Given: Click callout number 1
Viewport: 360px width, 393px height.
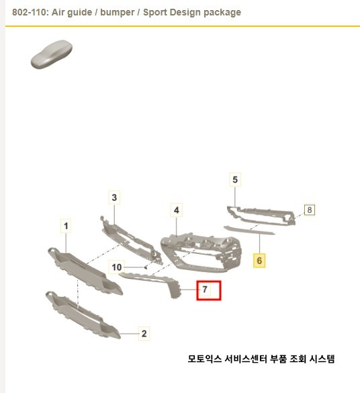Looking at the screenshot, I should click(x=66, y=226).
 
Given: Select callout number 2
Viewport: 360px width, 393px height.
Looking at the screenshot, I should click(x=144, y=333).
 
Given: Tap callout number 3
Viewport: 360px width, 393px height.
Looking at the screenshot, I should click(x=114, y=198).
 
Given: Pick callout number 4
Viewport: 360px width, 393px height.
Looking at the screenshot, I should click(x=176, y=211).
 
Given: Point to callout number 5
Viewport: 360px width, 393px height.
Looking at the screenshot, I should click(x=235, y=179).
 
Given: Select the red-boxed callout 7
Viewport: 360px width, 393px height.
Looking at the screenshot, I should click(x=208, y=290).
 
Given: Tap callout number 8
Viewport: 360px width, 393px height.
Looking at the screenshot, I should click(x=309, y=210).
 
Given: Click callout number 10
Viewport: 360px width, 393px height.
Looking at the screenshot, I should click(x=117, y=267).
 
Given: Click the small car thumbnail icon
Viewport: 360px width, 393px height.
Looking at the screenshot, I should click(x=51, y=54).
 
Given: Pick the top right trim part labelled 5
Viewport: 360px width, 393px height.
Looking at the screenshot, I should click(x=262, y=215).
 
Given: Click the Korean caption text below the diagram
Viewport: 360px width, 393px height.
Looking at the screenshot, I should click(x=261, y=359).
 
